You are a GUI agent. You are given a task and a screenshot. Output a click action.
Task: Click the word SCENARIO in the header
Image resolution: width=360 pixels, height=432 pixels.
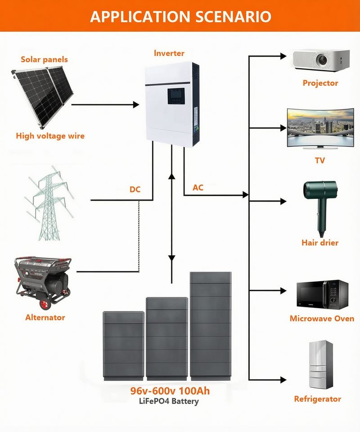coord(233,17)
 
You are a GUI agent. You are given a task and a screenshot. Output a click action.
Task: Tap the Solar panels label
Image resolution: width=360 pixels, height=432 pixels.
coord(45,59)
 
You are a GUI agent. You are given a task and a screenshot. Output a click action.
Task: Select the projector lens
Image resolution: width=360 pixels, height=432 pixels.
coord(322,59)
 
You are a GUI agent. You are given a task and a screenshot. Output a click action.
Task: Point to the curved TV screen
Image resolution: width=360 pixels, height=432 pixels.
coord(320,127)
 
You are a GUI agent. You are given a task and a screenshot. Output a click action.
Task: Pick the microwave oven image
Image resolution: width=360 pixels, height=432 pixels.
coord(322,295)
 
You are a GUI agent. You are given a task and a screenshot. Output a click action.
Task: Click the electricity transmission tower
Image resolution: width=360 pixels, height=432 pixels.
coord(49,203)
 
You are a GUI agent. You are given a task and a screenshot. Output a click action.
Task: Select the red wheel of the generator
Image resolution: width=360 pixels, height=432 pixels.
coord(45,304)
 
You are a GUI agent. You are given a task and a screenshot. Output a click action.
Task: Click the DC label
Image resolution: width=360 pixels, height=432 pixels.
coord(135,189)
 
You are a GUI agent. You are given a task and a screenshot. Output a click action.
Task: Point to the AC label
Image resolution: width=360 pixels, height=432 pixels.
coord(198,188)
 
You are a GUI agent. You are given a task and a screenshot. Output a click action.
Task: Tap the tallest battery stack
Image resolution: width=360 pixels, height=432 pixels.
coord(211,326)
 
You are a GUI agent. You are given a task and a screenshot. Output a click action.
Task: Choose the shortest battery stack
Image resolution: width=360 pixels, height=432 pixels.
coord(123,346)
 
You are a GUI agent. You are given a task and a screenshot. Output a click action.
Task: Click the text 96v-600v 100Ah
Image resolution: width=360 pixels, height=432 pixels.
coord(170,391)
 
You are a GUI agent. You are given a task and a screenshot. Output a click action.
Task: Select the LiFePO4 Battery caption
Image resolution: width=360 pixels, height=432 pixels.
coord(169,401)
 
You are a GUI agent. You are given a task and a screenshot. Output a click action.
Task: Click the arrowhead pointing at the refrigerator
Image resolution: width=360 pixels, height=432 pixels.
coord(283,380)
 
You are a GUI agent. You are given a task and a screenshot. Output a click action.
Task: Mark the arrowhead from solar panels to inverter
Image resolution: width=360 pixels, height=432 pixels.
coord(136,105)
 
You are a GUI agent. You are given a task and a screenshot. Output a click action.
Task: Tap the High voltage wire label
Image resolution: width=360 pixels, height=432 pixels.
coord(50,136)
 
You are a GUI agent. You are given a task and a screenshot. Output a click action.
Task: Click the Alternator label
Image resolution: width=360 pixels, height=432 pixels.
coord(45,317)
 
